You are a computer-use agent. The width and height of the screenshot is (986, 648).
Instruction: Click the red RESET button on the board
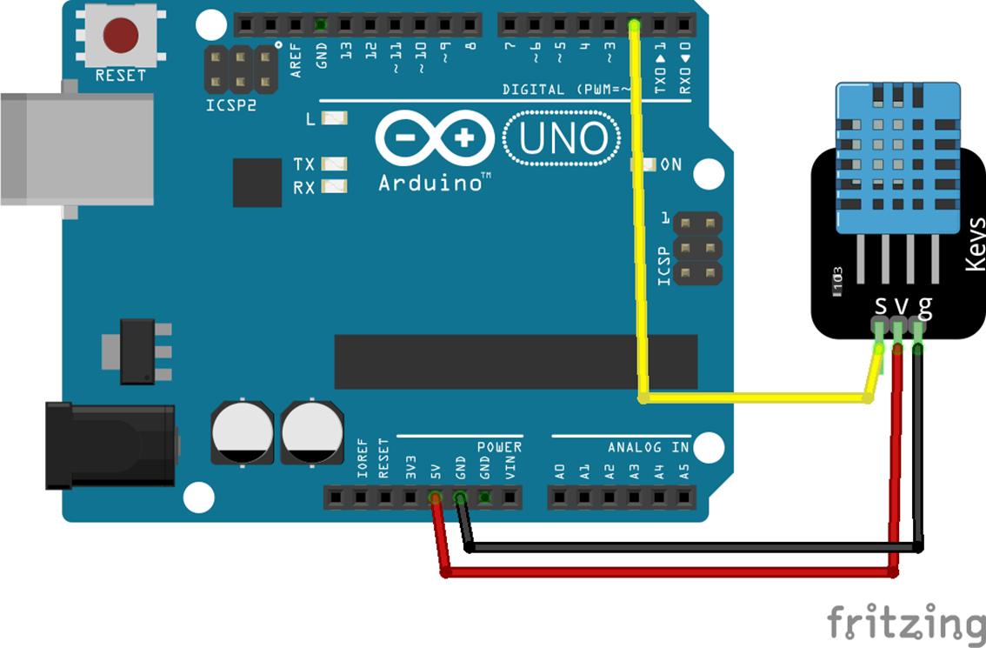(120, 36)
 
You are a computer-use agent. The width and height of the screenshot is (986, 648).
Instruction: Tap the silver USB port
(77, 150)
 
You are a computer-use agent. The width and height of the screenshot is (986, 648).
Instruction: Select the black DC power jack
(110, 446)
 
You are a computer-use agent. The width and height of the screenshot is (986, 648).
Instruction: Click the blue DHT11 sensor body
(898, 158)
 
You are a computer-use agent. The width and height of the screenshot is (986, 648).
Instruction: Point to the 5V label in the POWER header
(435, 471)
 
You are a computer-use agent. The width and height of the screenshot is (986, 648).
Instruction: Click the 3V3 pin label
(410, 467)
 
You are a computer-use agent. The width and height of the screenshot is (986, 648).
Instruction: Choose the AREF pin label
(296, 60)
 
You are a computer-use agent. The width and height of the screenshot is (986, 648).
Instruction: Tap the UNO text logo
(563, 138)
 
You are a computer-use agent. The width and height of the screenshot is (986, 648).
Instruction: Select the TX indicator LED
(334, 164)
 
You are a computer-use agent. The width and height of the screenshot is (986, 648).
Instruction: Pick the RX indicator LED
(334, 186)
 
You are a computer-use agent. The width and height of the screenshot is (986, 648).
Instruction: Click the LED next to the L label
(334, 117)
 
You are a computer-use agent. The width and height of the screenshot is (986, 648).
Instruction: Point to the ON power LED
(643, 164)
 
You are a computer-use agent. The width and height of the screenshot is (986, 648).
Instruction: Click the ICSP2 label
(230, 105)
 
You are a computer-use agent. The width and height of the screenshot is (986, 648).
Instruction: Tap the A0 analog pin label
(560, 471)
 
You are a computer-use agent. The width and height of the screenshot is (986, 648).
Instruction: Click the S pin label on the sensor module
(881, 306)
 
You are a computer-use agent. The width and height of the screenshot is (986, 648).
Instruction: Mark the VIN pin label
(510, 467)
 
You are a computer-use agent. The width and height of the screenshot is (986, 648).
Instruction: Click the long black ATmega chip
(516, 362)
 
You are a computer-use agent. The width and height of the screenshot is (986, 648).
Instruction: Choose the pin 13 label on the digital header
(346, 51)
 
